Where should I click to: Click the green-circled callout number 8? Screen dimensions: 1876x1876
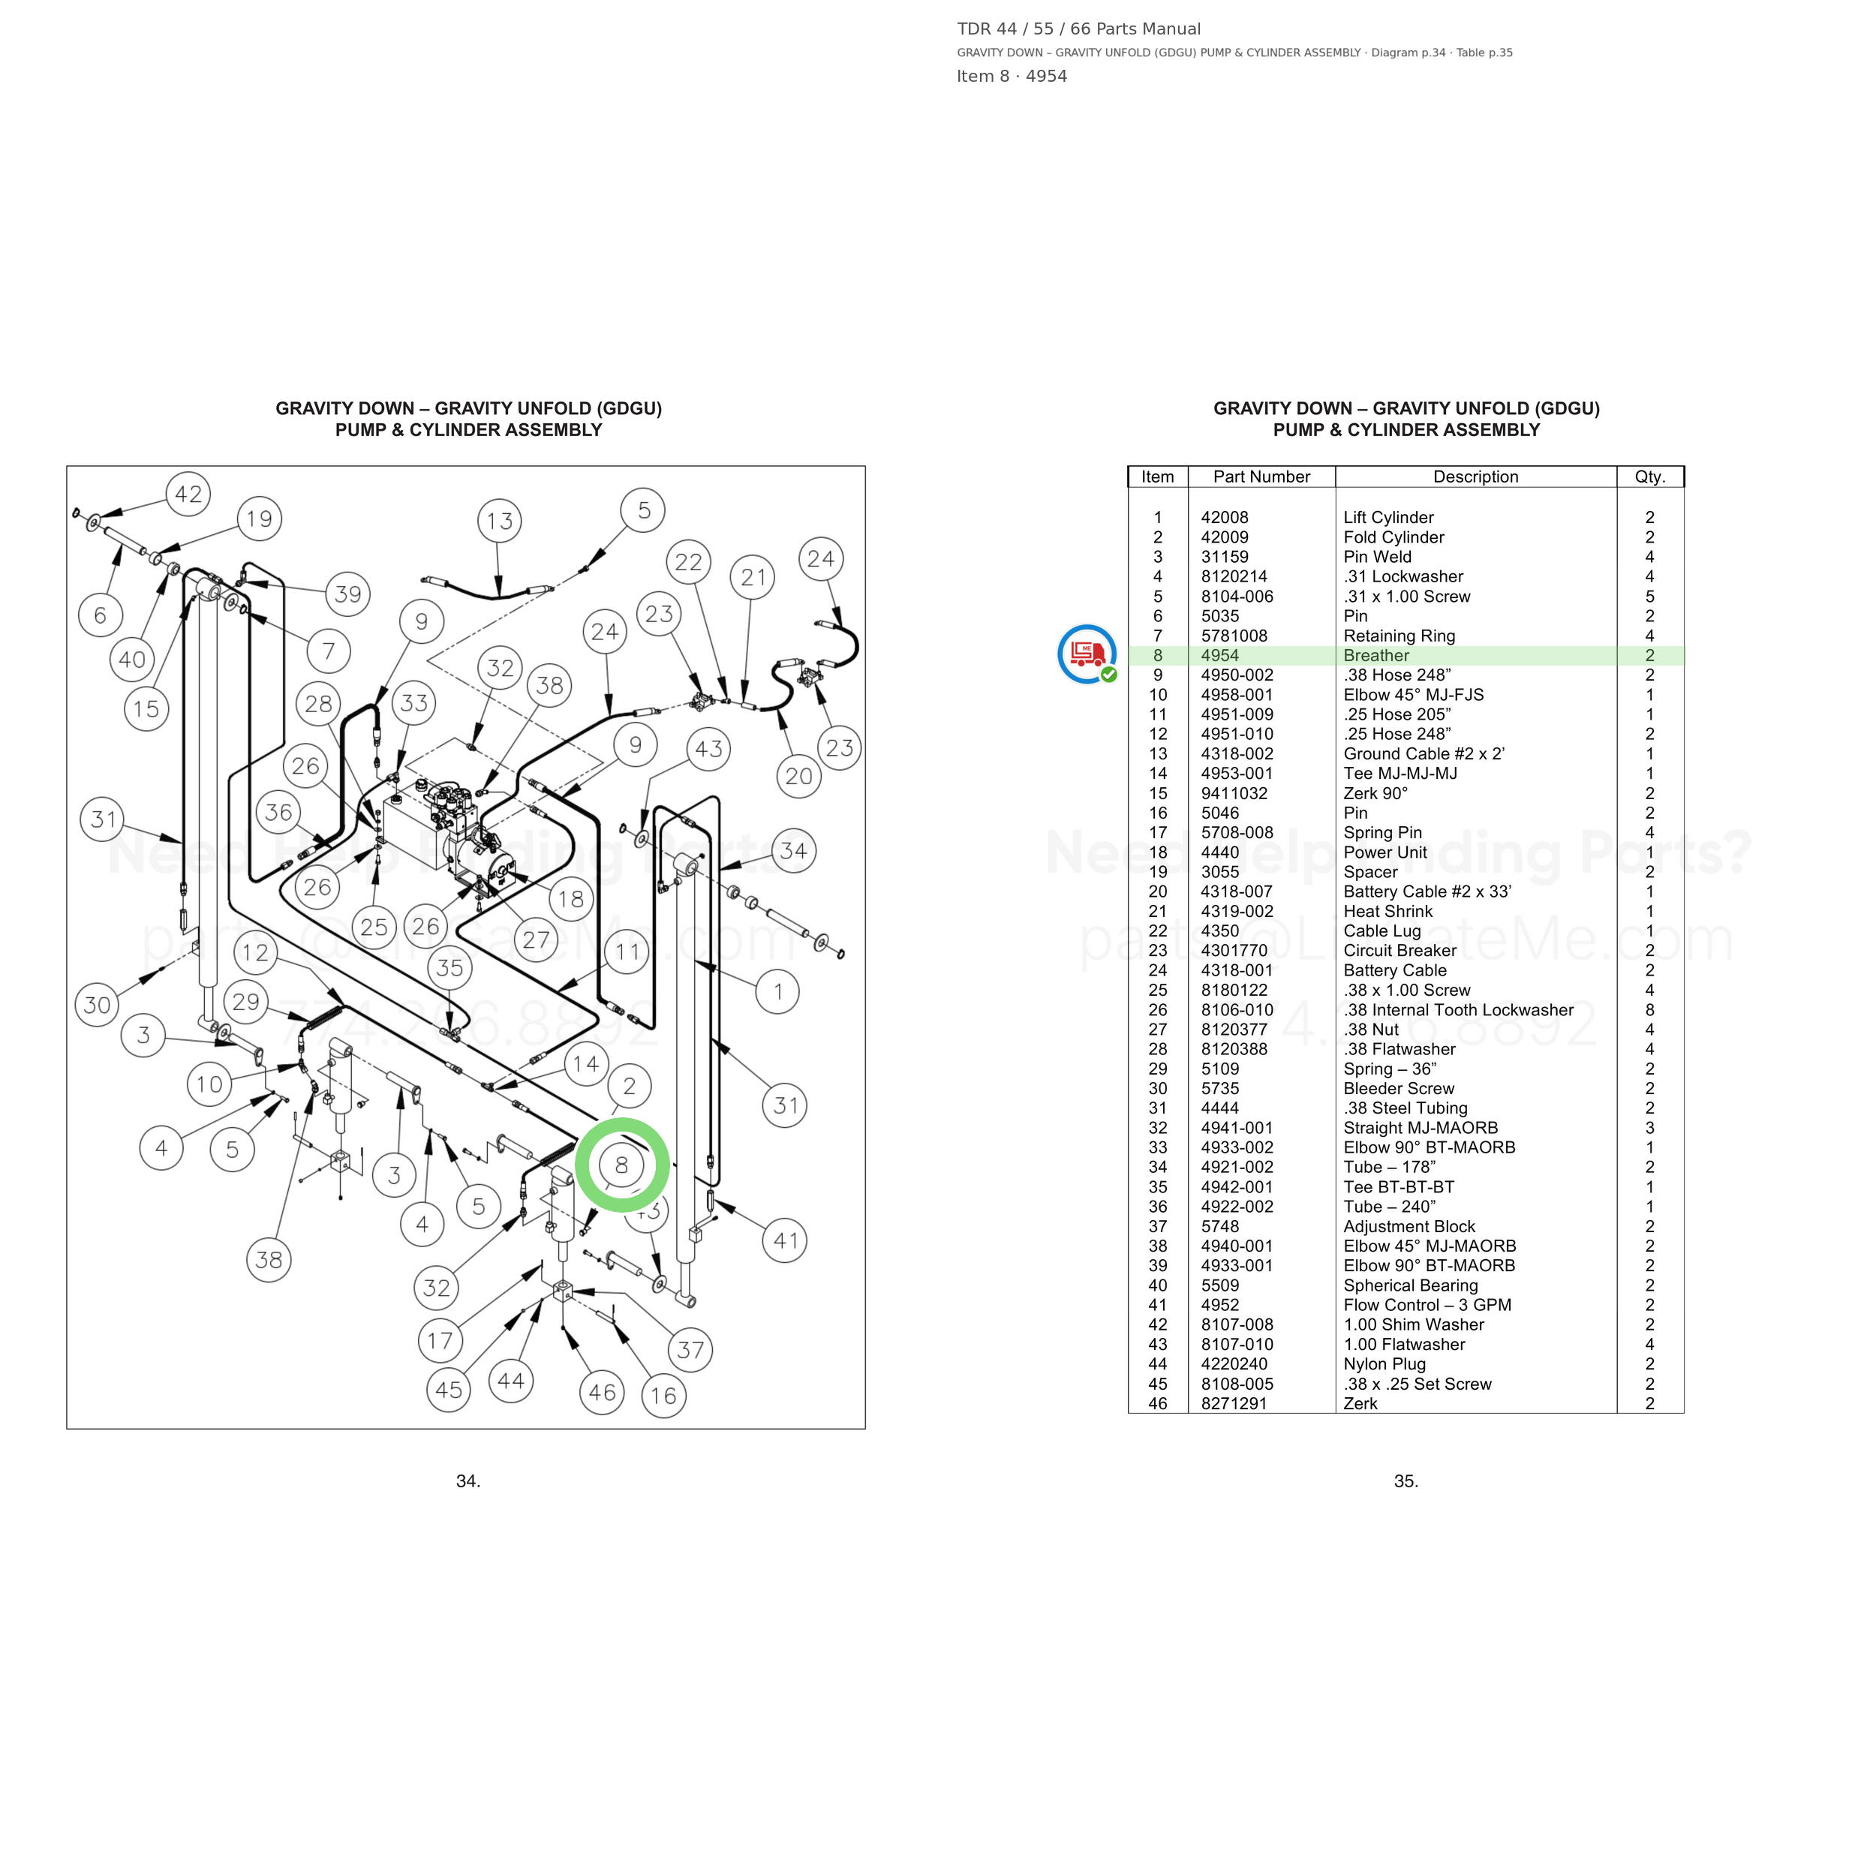(x=621, y=1165)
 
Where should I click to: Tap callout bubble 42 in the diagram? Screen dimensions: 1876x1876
(x=188, y=495)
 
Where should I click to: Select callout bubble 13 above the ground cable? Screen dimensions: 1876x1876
(x=499, y=522)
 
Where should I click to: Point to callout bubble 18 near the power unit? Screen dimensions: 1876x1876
(x=571, y=899)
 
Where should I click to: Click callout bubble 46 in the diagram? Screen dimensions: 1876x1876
(x=602, y=1393)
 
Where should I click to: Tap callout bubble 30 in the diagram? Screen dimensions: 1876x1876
(x=97, y=1005)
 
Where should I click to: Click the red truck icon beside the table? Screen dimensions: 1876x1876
(x=1087, y=654)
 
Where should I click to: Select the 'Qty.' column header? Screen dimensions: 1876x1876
(x=1649, y=477)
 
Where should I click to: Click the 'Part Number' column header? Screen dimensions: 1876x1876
(x=1261, y=477)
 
